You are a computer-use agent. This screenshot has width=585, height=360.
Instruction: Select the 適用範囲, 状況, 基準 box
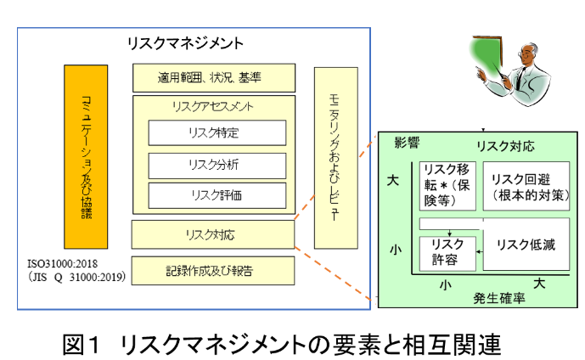coord(214,78)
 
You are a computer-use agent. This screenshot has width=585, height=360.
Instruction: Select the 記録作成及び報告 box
coord(213,271)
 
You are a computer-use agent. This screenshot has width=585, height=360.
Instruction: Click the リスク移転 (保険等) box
coord(447,183)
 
